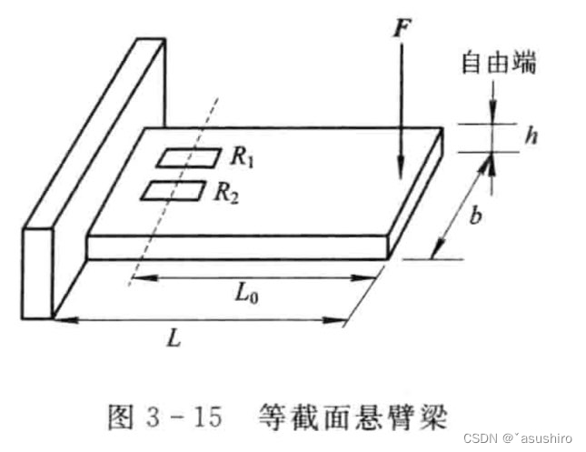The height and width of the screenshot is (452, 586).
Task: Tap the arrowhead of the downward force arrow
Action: [398, 172]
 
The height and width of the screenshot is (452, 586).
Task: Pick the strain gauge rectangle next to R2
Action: [174, 190]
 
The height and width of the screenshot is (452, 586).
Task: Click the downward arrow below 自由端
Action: [492, 100]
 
